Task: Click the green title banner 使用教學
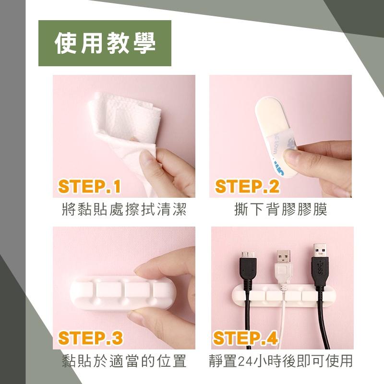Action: point(105,43)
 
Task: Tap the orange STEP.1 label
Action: point(89,187)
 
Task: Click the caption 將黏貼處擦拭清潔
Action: point(124,210)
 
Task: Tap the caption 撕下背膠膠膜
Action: point(281,210)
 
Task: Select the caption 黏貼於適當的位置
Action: point(124,361)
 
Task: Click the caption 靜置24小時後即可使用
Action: point(281,361)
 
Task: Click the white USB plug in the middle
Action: point(283,267)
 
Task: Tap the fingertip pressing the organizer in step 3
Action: point(154,269)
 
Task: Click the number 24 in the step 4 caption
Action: point(245,361)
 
